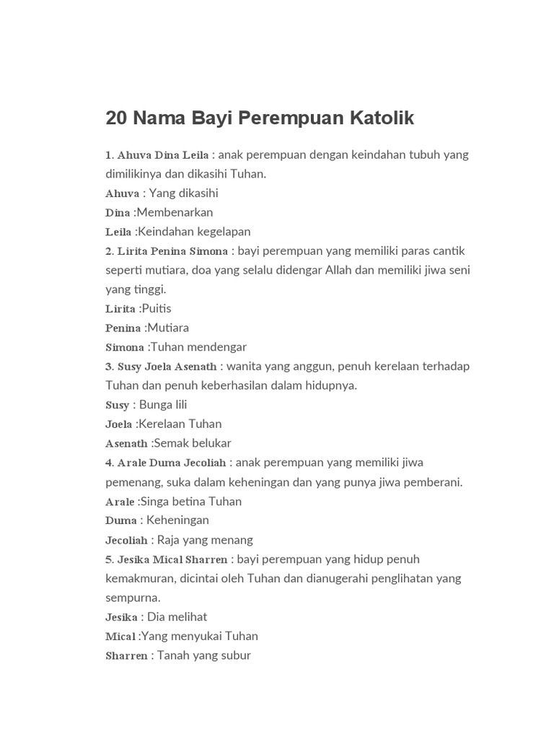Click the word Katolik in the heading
382,118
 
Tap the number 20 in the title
115,118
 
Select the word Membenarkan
175,212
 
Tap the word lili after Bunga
178,404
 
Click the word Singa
154,501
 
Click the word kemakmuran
141,578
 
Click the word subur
237,655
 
